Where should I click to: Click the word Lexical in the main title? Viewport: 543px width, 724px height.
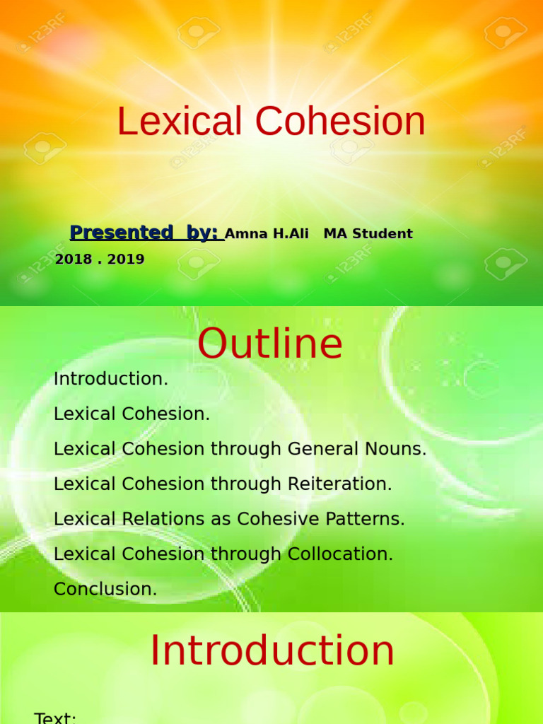click(180, 122)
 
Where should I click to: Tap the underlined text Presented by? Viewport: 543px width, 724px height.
click(146, 233)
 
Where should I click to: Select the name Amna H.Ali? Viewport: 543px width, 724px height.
click(267, 234)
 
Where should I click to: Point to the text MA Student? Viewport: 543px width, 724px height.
click(368, 234)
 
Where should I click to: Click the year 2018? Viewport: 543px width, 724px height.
click(73, 259)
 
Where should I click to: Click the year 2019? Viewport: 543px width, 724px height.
click(126, 259)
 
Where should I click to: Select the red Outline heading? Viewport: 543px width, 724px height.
click(270, 344)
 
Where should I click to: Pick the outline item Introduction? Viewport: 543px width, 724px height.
click(111, 379)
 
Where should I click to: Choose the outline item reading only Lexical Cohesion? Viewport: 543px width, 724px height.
click(132, 414)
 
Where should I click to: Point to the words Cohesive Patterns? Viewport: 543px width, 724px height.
click(320, 519)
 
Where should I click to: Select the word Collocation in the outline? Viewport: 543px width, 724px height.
click(340, 554)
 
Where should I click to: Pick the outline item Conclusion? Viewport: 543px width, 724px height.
click(105, 589)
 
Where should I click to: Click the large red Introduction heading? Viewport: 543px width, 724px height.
click(272, 651)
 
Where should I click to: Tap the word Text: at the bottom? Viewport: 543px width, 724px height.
click(55, 718)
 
